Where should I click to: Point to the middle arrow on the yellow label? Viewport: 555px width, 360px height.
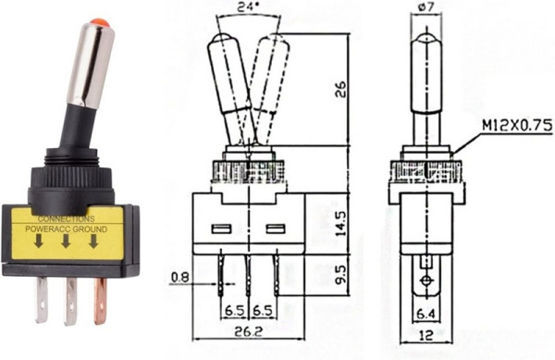coord(66,243)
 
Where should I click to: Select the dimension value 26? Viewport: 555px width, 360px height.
coord(341,89)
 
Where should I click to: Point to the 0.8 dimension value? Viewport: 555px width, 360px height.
coord(180,275)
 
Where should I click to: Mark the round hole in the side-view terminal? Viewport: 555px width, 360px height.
coord(425,282)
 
